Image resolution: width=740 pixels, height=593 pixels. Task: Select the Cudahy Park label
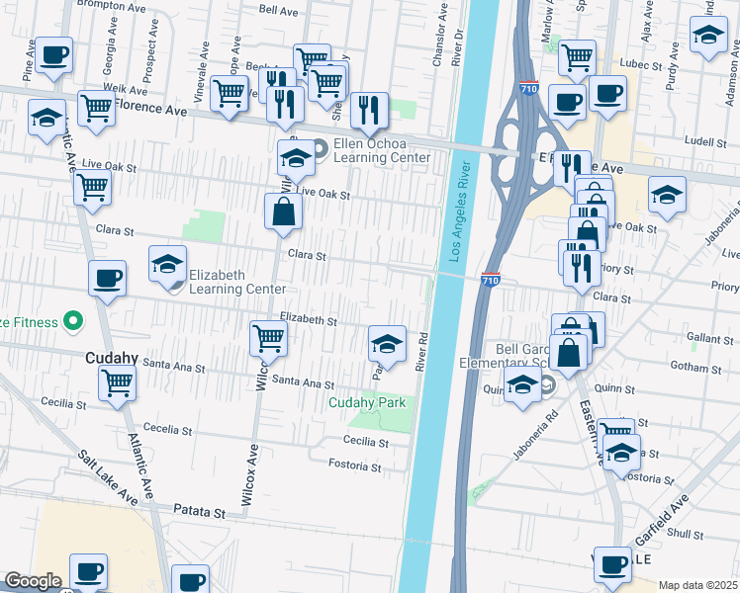pyautogui.click(x=368, y=402)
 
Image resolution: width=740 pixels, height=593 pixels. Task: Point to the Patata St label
pyautogui.click(x=202, y=512)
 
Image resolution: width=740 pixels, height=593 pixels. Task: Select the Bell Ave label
pyautogui.click(x=278, y=11)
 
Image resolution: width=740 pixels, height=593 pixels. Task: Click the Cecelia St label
pyautogui.click(x=167, y=429)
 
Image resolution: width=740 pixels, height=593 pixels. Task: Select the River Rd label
pyautogui.click(x=420, y=351)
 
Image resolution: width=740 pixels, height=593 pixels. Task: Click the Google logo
pyautogui.click(x=33, y=581)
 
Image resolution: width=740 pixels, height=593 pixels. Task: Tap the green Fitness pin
pyautogui.click(x=71, y=321)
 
